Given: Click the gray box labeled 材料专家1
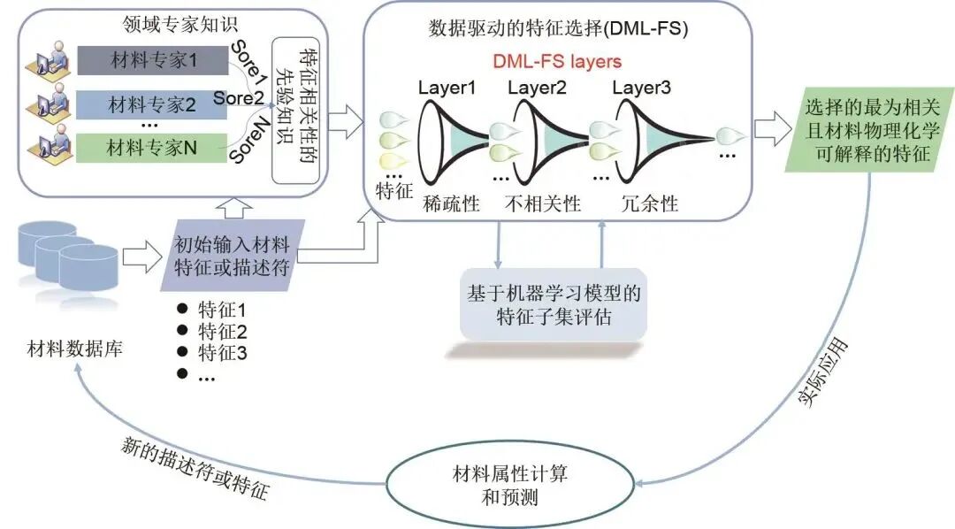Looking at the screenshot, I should tap(152, 61).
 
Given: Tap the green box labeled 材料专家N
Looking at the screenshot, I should tap(152, 148).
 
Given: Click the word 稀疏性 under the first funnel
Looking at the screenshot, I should tap(451, 203).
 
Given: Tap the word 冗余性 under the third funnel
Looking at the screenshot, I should tap(649, 203).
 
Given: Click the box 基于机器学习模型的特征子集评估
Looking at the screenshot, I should tap(554, 303).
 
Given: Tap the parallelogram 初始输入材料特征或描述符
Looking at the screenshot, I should tap(233, 255).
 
